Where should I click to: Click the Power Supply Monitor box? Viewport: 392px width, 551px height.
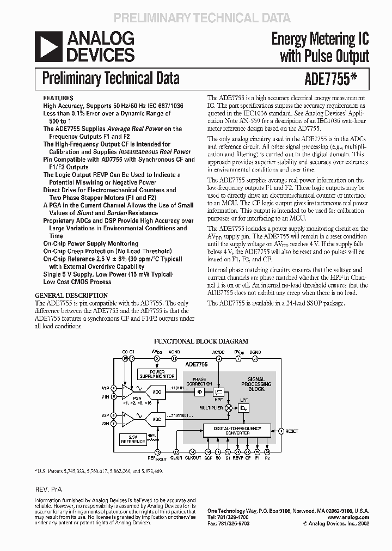157,374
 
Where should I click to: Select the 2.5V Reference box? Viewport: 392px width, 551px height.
133,439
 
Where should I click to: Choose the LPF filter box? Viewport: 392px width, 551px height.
243,407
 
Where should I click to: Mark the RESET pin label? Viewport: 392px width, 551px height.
292,431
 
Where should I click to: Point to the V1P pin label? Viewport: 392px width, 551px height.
105,388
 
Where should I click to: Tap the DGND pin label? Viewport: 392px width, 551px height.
255,352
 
